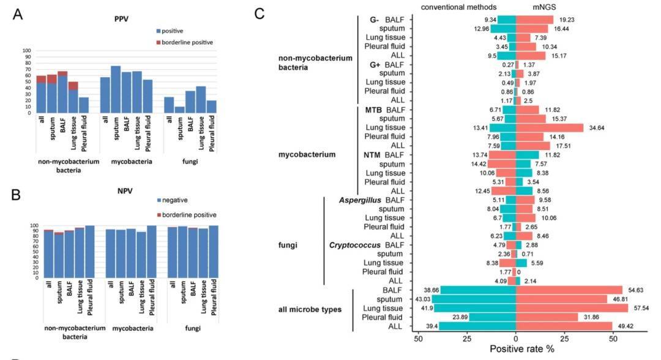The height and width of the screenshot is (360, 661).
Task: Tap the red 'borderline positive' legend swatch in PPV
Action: point(159,42)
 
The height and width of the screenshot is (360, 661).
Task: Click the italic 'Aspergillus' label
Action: point(356,200)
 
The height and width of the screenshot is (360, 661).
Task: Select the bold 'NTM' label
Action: point(373,154)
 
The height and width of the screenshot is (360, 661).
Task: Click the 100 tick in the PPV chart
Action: point(26,50)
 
